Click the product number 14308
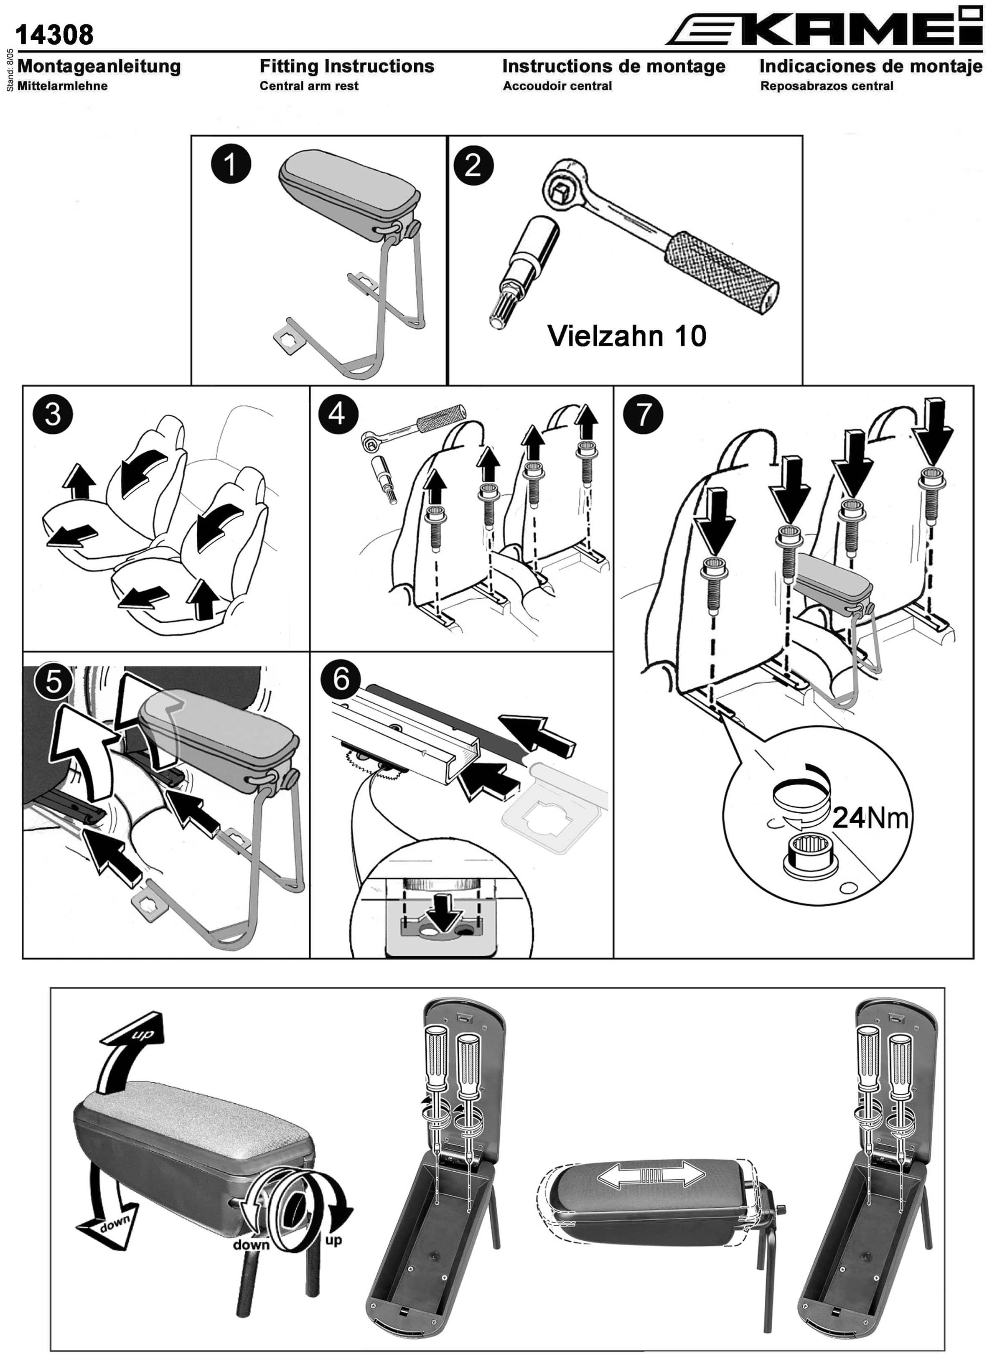point(55,35)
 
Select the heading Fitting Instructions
point(347,66)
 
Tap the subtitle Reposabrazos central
point(827,86)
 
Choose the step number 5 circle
point(53,681)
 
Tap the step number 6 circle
point(341,679)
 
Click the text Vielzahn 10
point(627,336)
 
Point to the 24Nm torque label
point(870,817)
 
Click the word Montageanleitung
point(99,66)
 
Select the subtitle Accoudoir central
point(557,86)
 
